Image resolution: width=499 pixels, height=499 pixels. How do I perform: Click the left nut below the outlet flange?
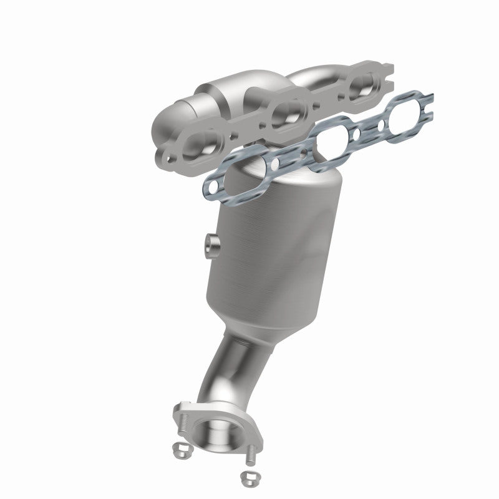click(180, 465)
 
